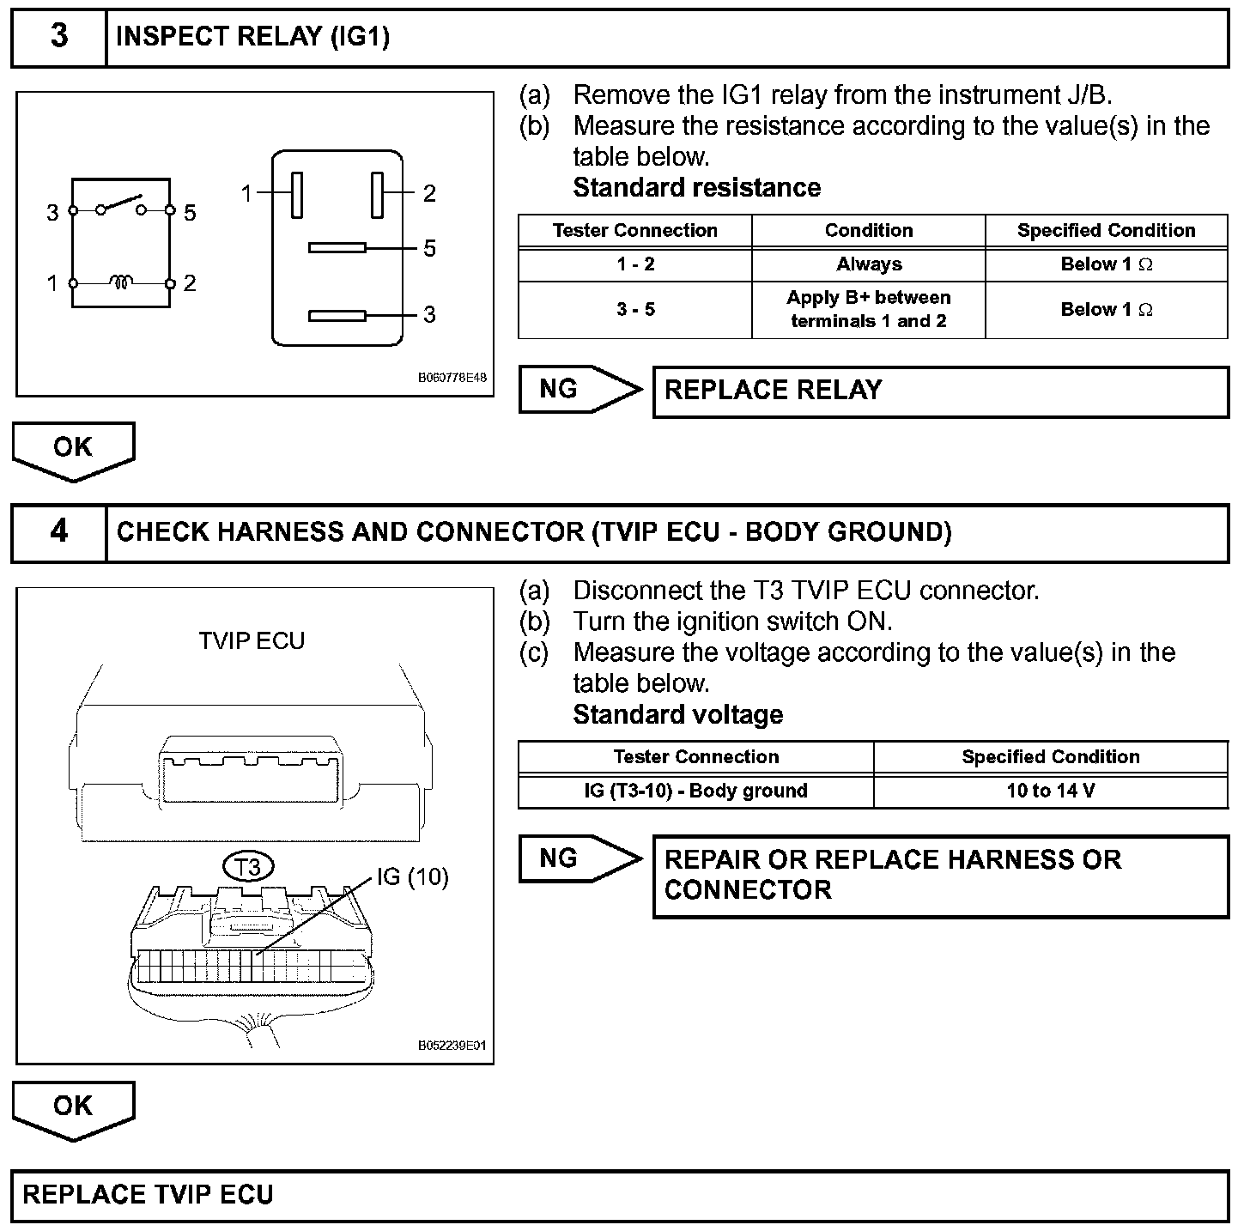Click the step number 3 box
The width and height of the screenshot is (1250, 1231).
58,37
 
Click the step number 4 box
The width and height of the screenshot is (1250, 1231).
58,532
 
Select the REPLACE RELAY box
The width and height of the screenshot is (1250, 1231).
940,391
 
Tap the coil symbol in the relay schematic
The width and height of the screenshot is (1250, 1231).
122,282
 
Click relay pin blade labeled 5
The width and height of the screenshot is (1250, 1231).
337,249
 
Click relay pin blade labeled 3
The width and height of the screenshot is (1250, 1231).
337,316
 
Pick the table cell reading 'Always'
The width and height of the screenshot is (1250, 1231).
869,265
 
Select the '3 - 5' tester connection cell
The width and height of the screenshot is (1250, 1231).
635,310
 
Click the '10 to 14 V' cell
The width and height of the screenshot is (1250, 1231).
1051,791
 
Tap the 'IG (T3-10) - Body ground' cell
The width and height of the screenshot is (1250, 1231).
695,791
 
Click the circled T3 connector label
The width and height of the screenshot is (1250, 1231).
248,867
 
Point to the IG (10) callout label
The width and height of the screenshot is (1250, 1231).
413,876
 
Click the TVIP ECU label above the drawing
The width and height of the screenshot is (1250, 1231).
252,641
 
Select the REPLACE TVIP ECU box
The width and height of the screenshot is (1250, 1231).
620,1196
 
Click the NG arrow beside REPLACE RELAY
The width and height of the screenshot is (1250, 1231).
579,390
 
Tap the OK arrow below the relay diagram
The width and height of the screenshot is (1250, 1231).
73,449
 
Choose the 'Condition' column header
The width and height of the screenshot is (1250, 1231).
869,231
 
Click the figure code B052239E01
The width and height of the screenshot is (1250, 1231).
452,1046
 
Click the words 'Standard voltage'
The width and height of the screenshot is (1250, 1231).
678,715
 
